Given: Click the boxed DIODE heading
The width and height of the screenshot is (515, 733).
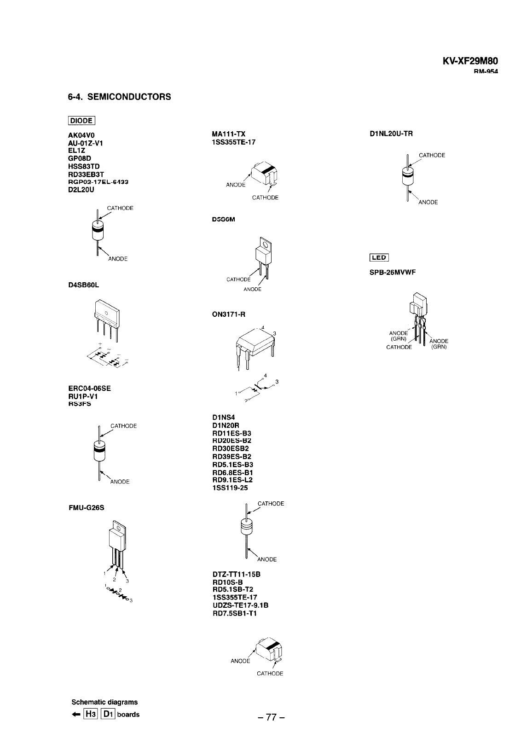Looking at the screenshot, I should click(x=81, y=121).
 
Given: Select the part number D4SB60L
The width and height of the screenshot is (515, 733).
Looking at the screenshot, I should click(x=83, y=285).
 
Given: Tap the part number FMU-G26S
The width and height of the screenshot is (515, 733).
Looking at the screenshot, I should click(x=86, y=508).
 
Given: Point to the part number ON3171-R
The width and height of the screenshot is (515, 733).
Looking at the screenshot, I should click(x=228, y=314).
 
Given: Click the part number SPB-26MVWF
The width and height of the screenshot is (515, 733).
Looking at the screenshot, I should click(x=393, y=272).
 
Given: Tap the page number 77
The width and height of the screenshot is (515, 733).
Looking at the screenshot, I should click(x=272, y=717).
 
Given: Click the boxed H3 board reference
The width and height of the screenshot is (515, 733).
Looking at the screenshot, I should click(x=90, y=714).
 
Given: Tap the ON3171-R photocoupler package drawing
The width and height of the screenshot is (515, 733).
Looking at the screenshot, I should click(x=255, y=346).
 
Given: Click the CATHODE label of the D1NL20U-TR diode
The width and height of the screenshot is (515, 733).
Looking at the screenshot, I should click(x=432, y=155).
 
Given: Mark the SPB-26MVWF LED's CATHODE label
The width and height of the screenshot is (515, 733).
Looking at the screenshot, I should click(x=399, y=347).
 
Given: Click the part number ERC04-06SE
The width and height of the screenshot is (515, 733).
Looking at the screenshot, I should click(x=89, y=388).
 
